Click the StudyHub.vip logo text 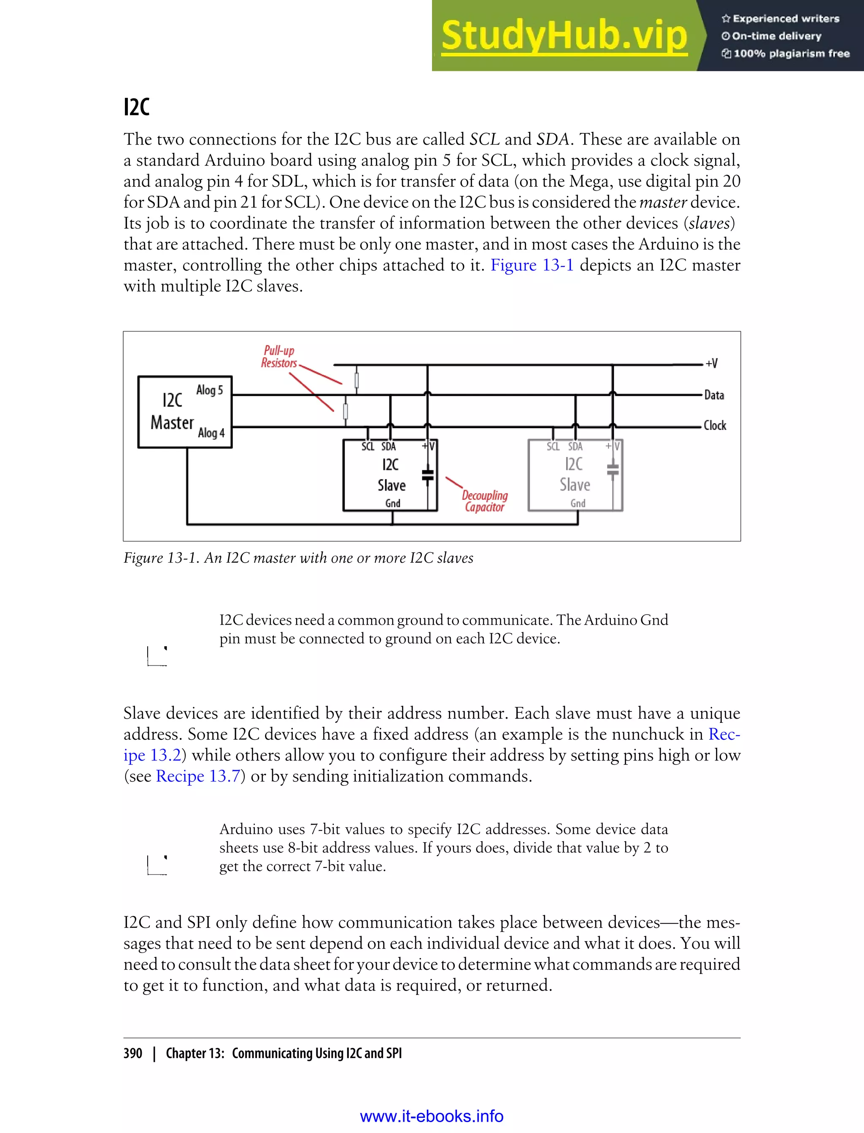(x=564, y=36)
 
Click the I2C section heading (x=136, y=107)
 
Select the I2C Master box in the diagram (x=185, y=411)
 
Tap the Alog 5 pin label (x=209, y=390)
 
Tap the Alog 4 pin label (x=211, y=432)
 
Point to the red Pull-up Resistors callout (x=279, y=357)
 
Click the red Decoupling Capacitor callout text (x=484, y=501)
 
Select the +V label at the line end (x=711, y=363)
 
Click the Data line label (x=714, y=395)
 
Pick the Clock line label (x=714, y=425)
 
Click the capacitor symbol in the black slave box (x=427, y=474)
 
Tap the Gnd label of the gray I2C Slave (x=578, y=503)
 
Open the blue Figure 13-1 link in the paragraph (x=531, y=265)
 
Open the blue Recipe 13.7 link (x=198, y=776)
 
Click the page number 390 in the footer (x=133, y=1053)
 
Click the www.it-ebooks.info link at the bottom (x=432, y=1116)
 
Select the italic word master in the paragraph (x=662, y=202)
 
